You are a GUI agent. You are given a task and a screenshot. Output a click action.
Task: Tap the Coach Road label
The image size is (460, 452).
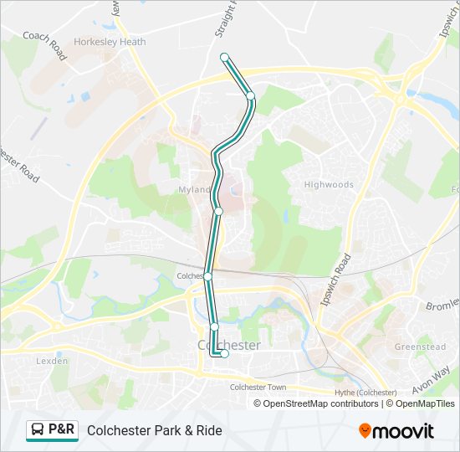click(x=45, y=47)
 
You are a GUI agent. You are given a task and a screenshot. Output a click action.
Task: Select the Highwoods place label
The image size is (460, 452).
click(x=329, y=184)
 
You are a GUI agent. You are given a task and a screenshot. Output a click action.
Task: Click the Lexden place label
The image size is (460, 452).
click(x=51, y=361)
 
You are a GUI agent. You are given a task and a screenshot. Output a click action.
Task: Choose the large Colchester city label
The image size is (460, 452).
click(x=228, y=344)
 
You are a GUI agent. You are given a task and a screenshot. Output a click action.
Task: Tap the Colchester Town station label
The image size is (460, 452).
click(x=258, y=387)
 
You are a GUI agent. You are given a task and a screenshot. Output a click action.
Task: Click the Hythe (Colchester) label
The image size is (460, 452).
click(x=365, y=393)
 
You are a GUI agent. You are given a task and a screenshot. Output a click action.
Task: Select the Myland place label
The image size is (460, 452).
click(x=194, y=190)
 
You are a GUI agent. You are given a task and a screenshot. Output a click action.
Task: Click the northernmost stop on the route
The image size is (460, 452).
click(x=224, y=57)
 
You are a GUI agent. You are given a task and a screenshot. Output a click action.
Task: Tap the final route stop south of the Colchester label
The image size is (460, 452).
click(x=224, y=354)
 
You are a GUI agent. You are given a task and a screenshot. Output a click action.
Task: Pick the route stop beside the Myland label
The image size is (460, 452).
click(x=218, y=212)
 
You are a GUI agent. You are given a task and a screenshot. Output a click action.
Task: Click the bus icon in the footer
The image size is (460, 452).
click(x=38, y=430)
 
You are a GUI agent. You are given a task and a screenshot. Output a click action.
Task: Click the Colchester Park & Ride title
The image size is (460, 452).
click(x=155, y=431)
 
